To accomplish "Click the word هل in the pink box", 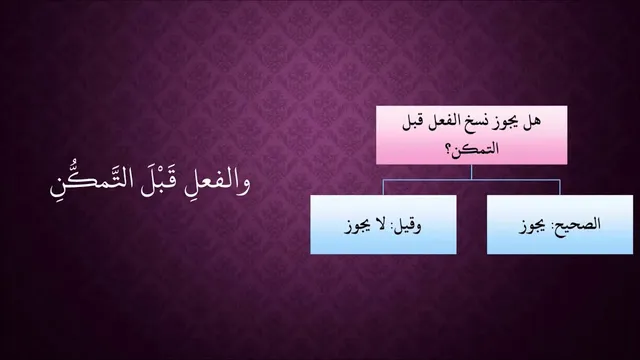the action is tap(533, 122).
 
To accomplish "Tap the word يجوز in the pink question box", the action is tap(508, 123).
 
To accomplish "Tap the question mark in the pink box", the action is tap(452, 149).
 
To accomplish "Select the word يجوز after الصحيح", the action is tap(533, 226).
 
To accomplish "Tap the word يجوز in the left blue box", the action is tap(358, 226).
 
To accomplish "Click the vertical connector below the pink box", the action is tap(471, 172).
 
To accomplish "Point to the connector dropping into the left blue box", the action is tap(383, 187).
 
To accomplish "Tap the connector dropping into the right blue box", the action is tap(560, 187).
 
